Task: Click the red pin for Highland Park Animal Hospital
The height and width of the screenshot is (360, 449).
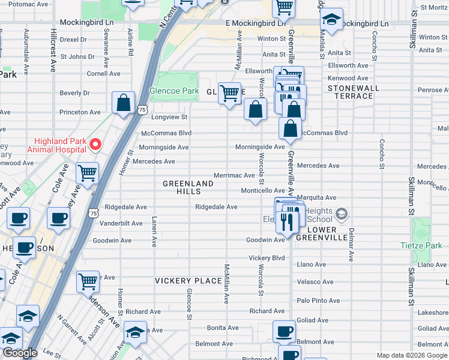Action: click(95, 145)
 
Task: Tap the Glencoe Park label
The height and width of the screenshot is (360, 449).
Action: click(174, 91)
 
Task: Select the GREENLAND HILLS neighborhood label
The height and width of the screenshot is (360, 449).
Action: click(188, 187)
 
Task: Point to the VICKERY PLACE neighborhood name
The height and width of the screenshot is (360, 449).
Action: click(188, 281)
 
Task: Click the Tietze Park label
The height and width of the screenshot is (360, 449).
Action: click(421, 245)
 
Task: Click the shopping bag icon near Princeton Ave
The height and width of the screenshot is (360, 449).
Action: click(123, 103)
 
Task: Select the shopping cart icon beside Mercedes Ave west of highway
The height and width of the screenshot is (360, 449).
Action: click(88, 173)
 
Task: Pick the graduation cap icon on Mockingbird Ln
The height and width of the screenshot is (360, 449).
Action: click(331, 19)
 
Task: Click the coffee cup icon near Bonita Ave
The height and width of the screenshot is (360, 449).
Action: click(284, 331)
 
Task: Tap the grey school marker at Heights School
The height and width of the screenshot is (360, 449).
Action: click(341, 214)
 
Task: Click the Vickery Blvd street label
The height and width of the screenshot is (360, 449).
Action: click(267, 258)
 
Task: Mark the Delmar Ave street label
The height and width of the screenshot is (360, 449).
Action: click(351, 245)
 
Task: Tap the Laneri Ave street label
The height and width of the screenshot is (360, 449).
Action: click(154, 232)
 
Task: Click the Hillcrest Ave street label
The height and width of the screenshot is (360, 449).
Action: click(53, 44)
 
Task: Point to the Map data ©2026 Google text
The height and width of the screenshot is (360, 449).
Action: click(411, 355)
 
